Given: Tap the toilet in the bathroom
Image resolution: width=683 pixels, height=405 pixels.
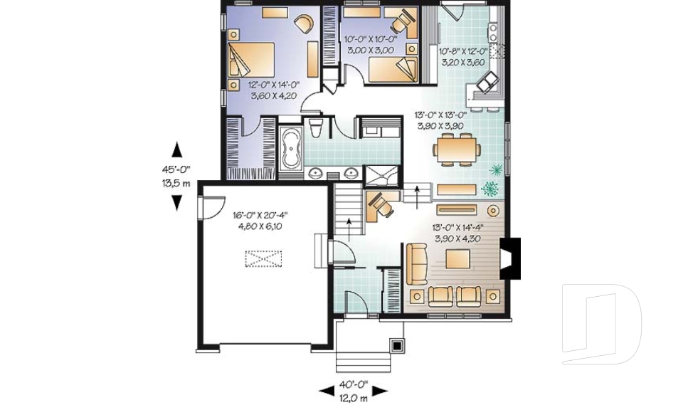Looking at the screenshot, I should pos(317,129).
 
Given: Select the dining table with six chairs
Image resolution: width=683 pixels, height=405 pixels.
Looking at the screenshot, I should pos(457,150).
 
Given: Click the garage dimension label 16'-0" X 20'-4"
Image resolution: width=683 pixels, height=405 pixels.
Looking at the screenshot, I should pos(260,214).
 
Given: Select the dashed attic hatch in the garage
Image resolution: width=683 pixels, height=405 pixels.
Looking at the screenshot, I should pos(264,258).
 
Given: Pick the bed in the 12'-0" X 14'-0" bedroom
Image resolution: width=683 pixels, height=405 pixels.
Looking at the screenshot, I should pos(252,60).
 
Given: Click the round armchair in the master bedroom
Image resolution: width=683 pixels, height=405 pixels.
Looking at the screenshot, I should pos(303,23).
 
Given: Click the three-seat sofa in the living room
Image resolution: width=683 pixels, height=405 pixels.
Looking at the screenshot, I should pos(416,264).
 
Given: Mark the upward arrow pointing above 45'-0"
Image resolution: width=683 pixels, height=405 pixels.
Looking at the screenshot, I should pos(176,149).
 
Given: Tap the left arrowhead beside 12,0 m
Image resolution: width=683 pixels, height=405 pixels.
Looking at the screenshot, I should pos(326,389).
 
